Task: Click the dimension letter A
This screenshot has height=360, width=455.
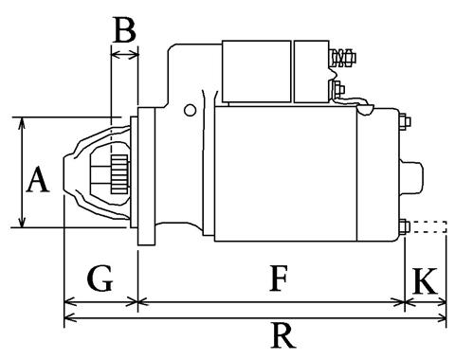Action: point(38,179)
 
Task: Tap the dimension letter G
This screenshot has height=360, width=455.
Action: point(100,279)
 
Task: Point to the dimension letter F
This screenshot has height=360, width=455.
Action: point(279,279)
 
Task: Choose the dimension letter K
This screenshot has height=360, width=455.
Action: point(426,280)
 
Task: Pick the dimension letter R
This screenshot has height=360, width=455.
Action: point(283,335)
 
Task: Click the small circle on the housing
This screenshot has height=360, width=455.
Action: point(190,110)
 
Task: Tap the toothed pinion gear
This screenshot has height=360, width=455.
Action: point(119,174)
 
